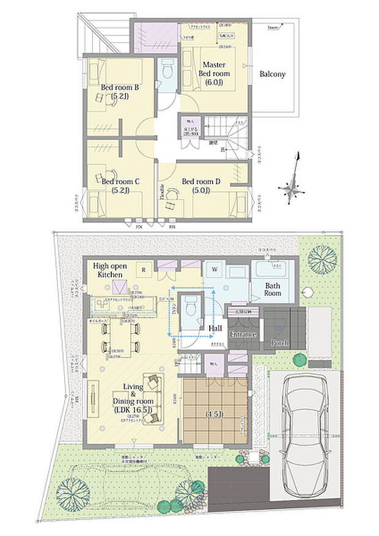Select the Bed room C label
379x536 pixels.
coord(121,186)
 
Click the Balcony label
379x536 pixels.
coord(273,75)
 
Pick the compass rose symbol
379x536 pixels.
coord(293,185)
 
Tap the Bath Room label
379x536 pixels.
coord(273,289)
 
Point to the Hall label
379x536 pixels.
coord(215,329)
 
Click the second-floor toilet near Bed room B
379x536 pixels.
coord(167,75)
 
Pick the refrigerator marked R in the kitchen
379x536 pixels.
coord(142,267)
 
